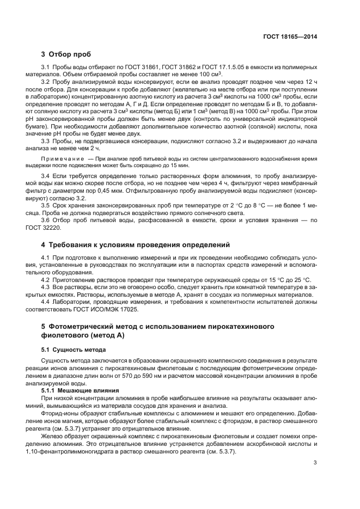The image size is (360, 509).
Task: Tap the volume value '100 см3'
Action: pyautogui.click(x=217, y=74)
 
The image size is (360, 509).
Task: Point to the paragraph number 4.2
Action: pyautogui.click(x=46, y=279)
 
